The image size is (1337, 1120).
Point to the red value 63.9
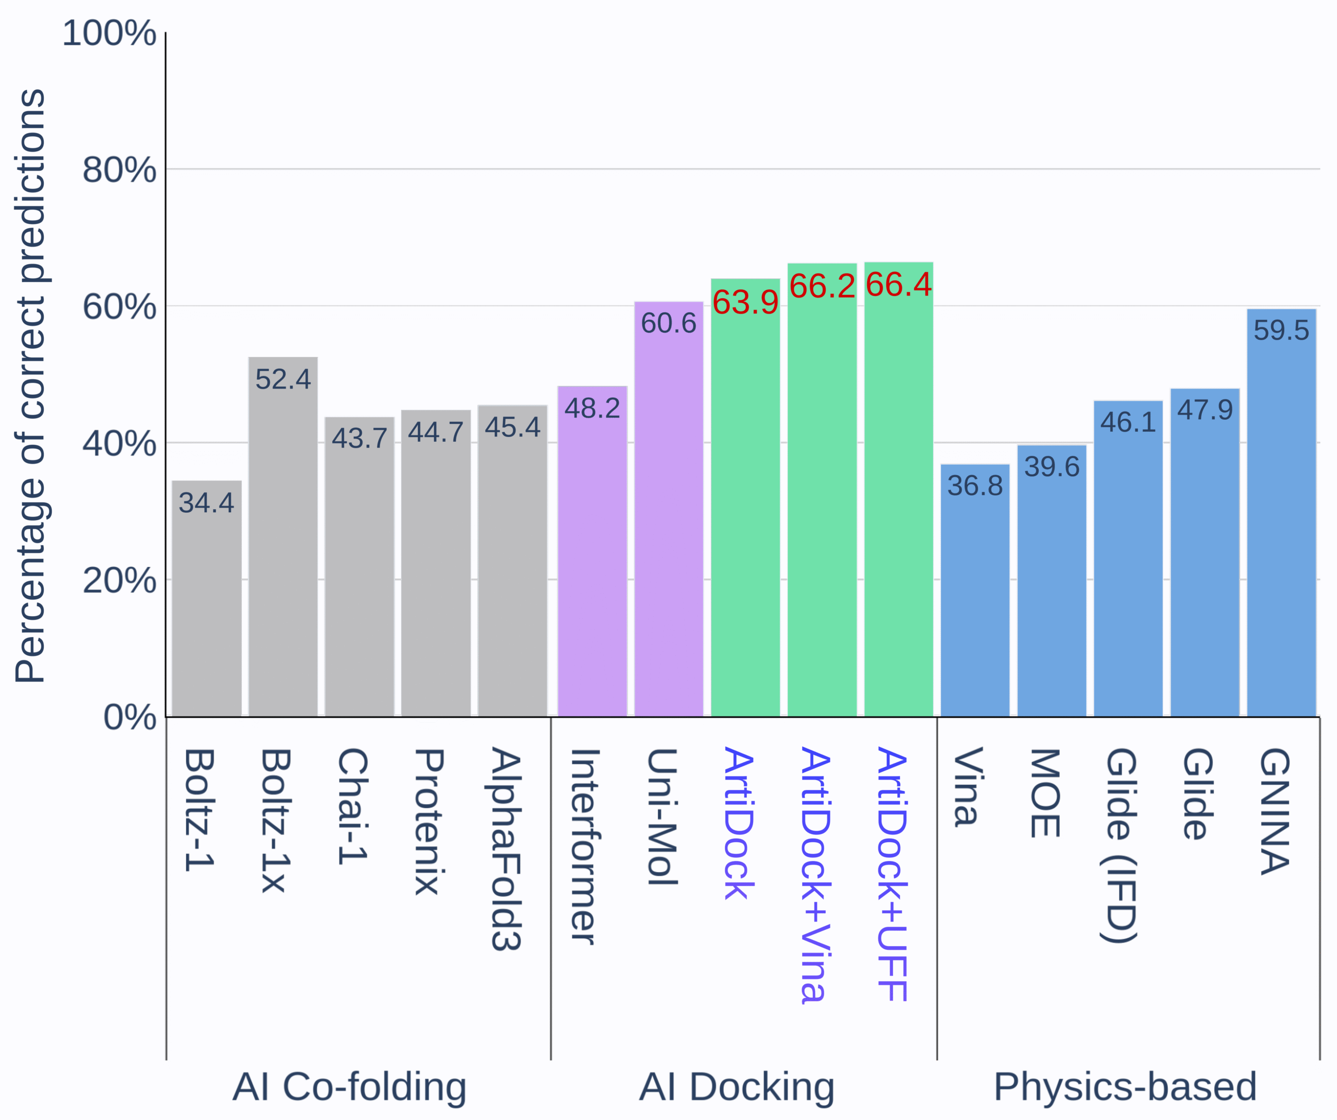coord(745,302)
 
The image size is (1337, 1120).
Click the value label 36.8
coord(975,486)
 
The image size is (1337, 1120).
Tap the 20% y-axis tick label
coord(119,581)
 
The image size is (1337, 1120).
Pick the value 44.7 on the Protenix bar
coord(436,433)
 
